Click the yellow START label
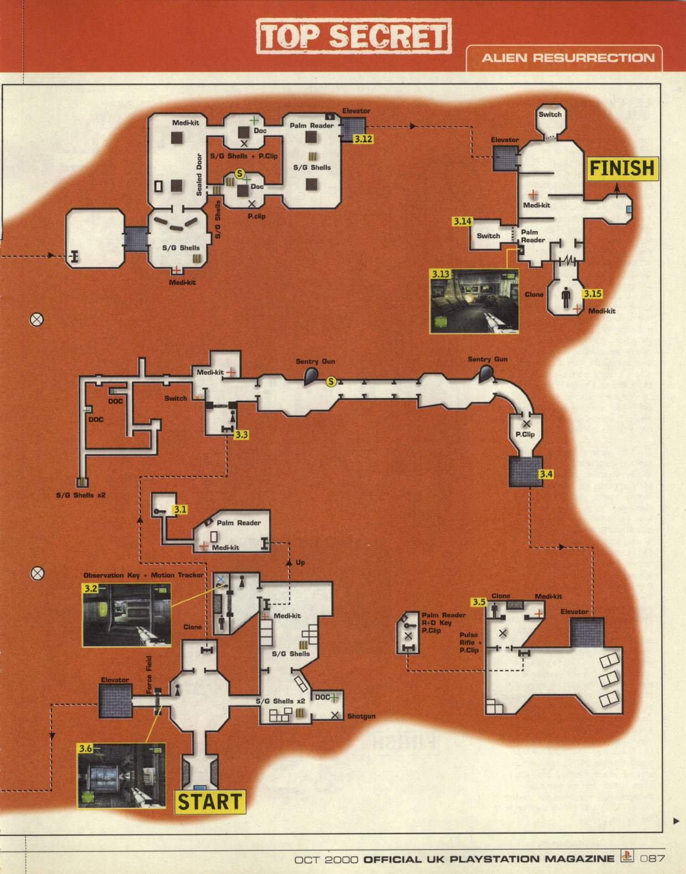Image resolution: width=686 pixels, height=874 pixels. pyautogui.click(x=210, y=802)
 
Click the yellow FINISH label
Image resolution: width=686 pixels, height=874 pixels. pyautogui.click(x=622, y=168)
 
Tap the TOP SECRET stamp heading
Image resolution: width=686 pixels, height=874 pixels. pyautogui.click(x=354, y=36)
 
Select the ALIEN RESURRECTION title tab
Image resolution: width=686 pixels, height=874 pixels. pyautogui.click(x=568, y=58)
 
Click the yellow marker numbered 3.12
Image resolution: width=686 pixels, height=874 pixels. pyautogui.click(x=363, y=139)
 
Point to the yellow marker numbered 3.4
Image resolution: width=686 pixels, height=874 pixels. pyautogui.click(x=546, y=474)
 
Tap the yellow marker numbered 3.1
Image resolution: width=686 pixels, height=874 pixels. pyautogui.click(x=180, y=509)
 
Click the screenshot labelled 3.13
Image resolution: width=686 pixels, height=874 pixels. pyautogui.click(x=474, y=301)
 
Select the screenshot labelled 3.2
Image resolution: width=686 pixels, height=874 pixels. pyautogui.click(x=127, y=615)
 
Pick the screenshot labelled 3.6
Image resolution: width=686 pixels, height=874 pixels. pyautogui.click(x=121, y=776)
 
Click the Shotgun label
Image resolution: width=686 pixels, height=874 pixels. pyautogui.click(x=361, y=716)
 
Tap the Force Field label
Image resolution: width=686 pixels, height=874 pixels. pyautogui.click(x=149, y=674)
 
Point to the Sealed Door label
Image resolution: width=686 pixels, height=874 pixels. pyautogui.click(x=199, y=174)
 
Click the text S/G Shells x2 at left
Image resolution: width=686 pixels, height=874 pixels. pyautogui.click(x=81, y=495)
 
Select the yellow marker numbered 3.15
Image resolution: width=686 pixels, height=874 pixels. pyautogui.click(x=592, y=294)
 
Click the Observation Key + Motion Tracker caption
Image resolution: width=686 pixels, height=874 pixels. pyautogui.click(x=143, y=575)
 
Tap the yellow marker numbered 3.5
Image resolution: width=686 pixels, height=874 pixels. pyautogui.click(x=478, y=602)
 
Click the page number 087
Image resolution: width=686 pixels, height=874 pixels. pyautogui.click(x=652, y=859)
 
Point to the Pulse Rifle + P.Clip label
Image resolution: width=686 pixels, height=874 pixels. pyautogui.click(x=469, y=642)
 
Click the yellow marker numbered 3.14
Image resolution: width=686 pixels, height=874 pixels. pyautogui.click(x=462, y=221)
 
